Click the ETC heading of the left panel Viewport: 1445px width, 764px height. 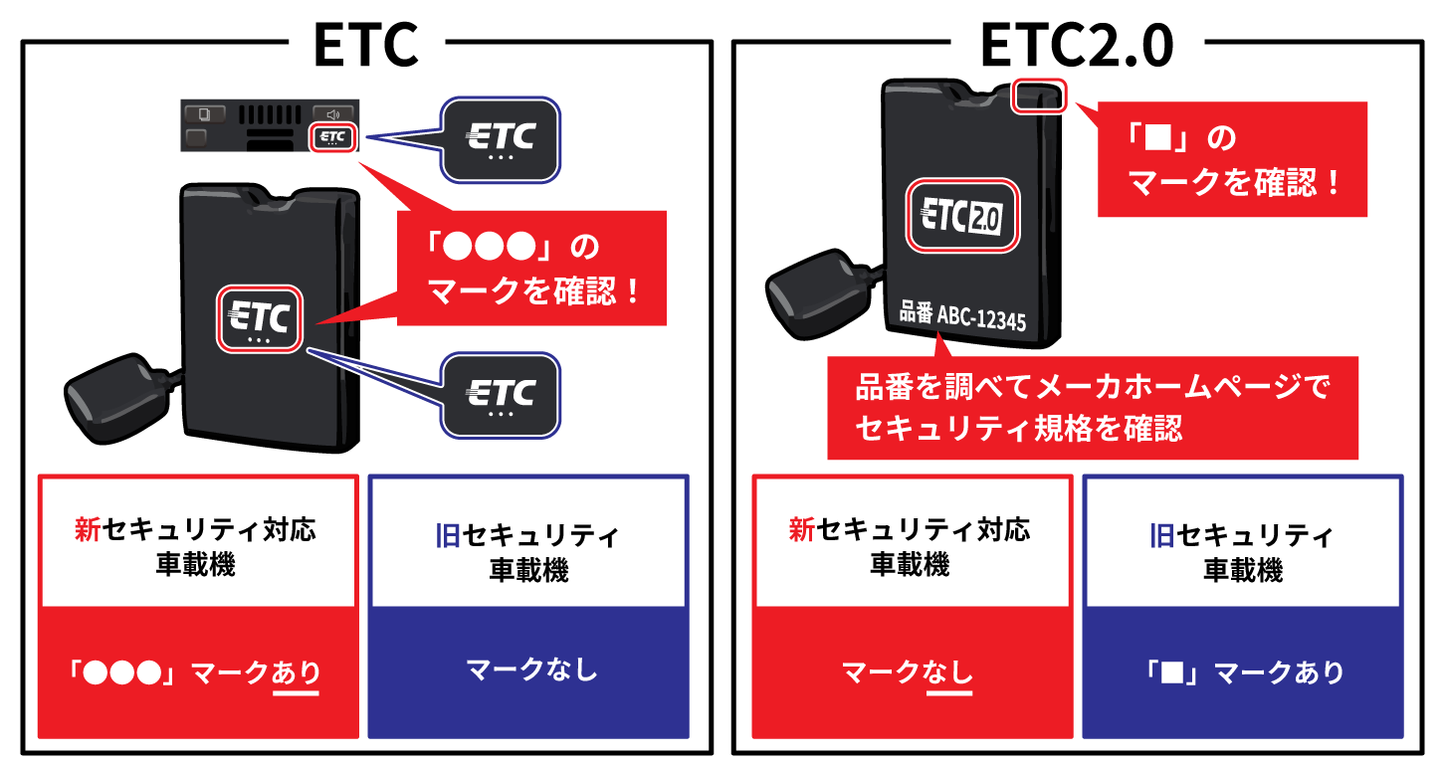tap(366, 45)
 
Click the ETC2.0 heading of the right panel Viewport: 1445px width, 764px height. tap(1077, 45)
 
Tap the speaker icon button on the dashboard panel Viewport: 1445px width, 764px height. tap(332, 114)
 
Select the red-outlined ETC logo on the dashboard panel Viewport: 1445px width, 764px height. tap(332, 137)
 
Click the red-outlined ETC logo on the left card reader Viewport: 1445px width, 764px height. tap(260, 319)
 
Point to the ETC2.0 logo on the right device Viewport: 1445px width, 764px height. tap(962, 215)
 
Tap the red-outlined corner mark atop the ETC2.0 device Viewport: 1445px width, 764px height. tap(1038, 96)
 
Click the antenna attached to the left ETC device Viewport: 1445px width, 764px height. tap(117, 398)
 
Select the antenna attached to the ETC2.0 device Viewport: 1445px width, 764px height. tap(819, 294)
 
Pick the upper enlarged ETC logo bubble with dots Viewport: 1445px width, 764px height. tap(500, 140)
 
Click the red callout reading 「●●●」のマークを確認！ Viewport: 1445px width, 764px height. tap(531, 268)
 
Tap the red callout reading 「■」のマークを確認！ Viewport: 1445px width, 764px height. tap(1232, 159)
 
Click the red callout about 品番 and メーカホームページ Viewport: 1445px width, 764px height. tap(1093, 408)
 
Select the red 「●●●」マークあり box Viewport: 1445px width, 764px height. tap(198, 672)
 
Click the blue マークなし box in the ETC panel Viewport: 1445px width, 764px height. tap(528, 671)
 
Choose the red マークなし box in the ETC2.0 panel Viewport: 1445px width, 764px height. tap(913, 672)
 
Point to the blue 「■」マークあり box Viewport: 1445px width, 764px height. tap(1242, 672)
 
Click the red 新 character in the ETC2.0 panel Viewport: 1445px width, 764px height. tap(802, 529)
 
